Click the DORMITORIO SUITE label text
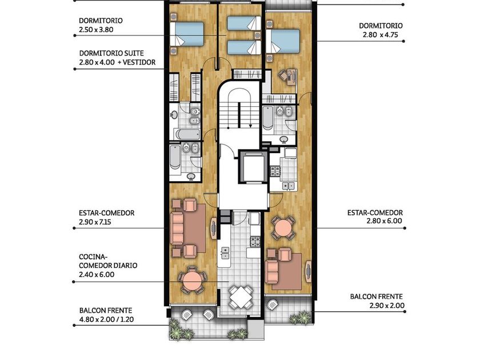pos(111,53)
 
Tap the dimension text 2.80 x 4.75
pos(380,35)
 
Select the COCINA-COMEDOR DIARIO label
pos(108,261)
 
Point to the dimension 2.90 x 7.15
pos(95,222)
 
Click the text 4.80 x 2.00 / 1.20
pos(106,319)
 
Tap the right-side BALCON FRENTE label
pos(377,297)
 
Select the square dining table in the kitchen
pos(241,297)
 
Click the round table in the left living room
pos(192,281)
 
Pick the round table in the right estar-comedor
pos(284,228)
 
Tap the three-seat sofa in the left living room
pos(177,229)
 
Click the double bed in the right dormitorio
pos(282,41)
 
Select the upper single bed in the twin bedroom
pos(244,23)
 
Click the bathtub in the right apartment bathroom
pos(267,118)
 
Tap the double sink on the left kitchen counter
pos(226,253)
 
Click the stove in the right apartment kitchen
pos(275,171)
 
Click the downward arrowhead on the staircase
pos(250,126)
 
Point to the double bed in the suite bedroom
pos(187,34)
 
